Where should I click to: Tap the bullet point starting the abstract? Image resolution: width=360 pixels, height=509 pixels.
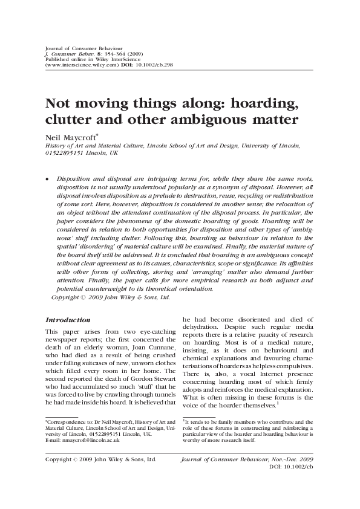[48, 180]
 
